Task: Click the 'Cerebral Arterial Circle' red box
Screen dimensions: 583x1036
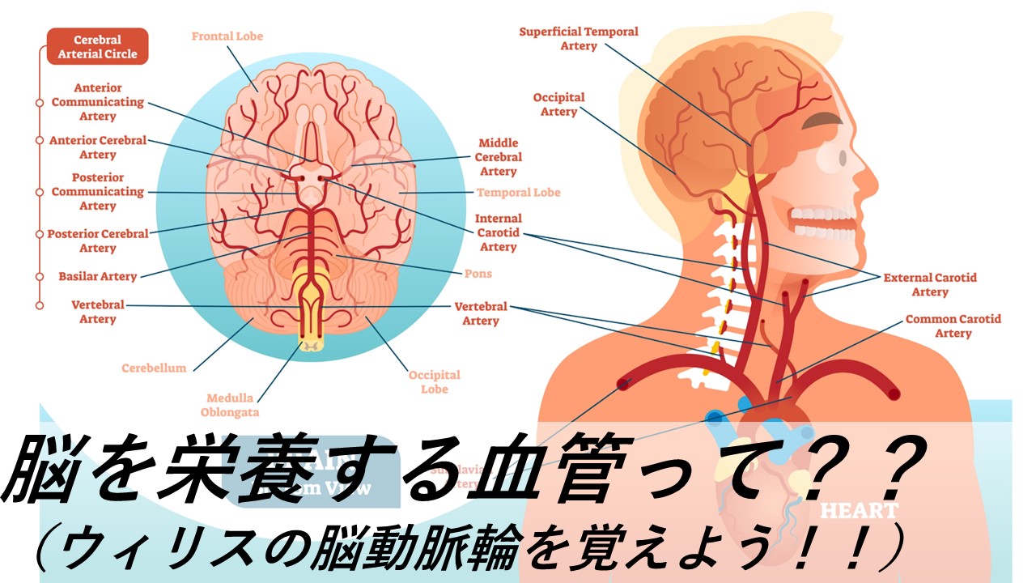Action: [98, 47]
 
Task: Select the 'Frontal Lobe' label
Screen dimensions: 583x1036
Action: [227, 36]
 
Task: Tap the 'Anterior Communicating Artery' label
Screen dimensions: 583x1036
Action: [98, 102]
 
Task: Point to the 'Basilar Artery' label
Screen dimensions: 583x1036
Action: [97, 276]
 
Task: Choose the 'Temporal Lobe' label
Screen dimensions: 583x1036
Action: [518, 193]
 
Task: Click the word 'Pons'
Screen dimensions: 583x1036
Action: [478, 274]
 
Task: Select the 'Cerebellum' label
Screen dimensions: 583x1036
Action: [154, 368]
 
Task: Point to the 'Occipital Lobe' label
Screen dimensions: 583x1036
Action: [434, 382]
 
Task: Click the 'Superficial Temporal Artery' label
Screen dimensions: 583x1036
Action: [578, 39]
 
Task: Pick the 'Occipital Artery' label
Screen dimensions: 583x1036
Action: [558, 104]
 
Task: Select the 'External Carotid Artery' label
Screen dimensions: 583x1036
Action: [929, 284]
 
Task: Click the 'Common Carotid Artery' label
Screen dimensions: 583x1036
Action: [953, 326]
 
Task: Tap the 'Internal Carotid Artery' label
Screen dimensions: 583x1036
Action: [498, 232]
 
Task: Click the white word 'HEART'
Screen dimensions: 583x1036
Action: [860, 511]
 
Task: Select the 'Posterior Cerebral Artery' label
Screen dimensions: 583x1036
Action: [98, 240]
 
